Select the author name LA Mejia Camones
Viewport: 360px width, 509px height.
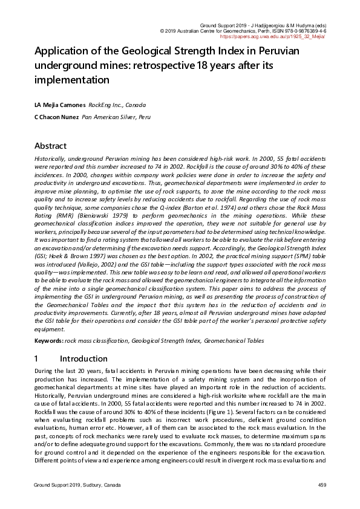coord(60,105)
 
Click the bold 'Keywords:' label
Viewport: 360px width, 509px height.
coord(49,340)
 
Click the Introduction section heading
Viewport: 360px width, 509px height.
coord(83,358)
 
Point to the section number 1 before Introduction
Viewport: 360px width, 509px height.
coord(37,358)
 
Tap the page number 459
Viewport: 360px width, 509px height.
coord(321,485)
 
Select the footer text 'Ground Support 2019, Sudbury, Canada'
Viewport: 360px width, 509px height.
coord(77,485)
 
